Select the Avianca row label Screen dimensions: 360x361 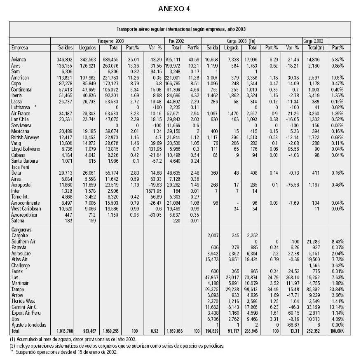click(19, 60)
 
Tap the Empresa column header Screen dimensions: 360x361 click(20, 48)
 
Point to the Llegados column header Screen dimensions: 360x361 click(88, 48)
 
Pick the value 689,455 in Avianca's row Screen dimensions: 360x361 click(110, 60)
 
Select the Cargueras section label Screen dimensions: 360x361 click(22, 229)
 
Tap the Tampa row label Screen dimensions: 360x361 click(17, 289)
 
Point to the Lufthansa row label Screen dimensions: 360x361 click(21, 107)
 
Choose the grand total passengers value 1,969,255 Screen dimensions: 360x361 click(109, 331)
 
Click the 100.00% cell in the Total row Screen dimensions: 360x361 click(337, 331)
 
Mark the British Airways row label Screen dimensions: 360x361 click(25, 137)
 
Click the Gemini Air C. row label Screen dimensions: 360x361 click(25, 307)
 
